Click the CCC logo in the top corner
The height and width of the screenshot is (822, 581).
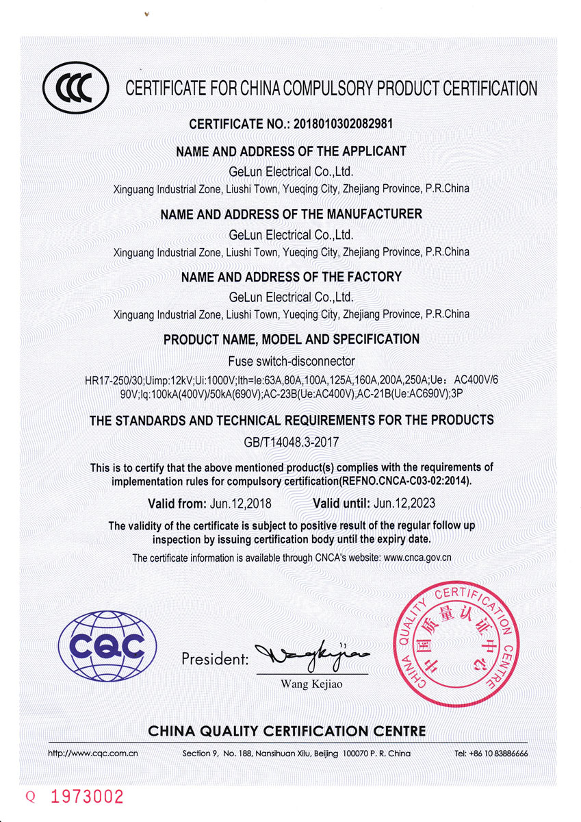[75, 89]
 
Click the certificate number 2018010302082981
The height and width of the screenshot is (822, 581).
[343, 125]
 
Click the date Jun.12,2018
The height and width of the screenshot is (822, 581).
[239, 503]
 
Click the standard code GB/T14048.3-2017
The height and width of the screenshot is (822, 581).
[291, 443]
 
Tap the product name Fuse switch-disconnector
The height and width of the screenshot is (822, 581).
[291, 361]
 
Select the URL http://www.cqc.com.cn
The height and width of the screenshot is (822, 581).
[93, 753]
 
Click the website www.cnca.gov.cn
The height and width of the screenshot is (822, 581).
[417, 558]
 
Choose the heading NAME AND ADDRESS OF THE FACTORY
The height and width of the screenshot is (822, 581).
[291, 277]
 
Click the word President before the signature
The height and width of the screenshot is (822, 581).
[215, 660]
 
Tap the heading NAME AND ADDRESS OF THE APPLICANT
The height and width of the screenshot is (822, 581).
[291, 151]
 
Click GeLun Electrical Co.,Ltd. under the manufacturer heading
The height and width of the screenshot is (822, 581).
[291, 234]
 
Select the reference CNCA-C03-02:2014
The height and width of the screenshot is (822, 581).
[419, 481]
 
